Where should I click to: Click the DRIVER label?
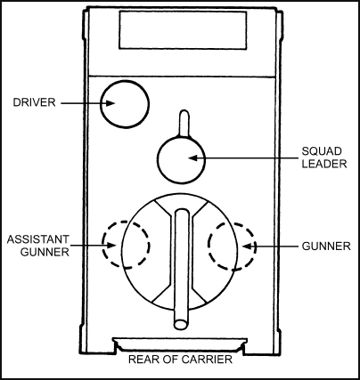pyautogui.click(x=34, y=102)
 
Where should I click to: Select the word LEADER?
pyautogui.click(x=324, y=164)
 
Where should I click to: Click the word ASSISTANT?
pyautogui.click(x=38, y=239)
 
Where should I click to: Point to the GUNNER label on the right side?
pyautogui.click(x=326, y=246)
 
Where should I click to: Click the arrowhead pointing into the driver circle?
pyautogui.click(x=110, y=103)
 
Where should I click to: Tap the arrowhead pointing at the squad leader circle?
pyautogui.click(x=193, y=158)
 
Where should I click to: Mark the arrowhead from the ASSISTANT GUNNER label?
pyautogui.click(x=110, y=246)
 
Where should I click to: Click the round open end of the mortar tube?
pyautogui.click(x=181, y=324)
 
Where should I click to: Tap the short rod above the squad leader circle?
pyautogui.click(x=184, y=123)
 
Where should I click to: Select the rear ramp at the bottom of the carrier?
pyautogui.click(x=180, y=344)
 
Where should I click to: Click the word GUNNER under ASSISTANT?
pyautogui.click(x=45, y=252)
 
